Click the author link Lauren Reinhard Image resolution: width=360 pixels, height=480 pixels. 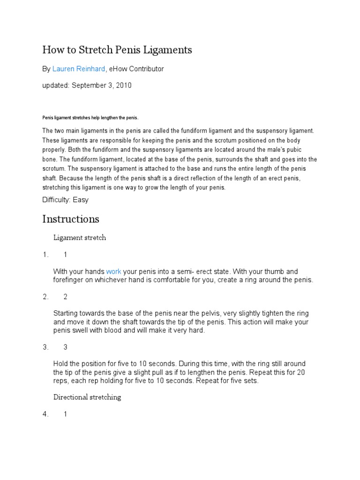coord(79,69)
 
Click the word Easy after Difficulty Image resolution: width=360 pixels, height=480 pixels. coord(81,200)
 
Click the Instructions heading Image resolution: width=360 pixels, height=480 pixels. coord(71,219)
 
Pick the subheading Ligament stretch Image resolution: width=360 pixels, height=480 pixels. coord(80,238)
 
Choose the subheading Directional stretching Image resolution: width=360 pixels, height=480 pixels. coord(87,397)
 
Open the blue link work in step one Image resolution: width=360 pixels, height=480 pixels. coord(114,271)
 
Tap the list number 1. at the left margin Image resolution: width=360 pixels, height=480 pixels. coord(45,255)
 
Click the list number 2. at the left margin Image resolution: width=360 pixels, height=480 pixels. coord(45,297)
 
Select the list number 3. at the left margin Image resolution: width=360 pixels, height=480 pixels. coord(45,347)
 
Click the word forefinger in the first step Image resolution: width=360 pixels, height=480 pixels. coord(69,280)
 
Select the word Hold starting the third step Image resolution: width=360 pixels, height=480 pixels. coord(61,364)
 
